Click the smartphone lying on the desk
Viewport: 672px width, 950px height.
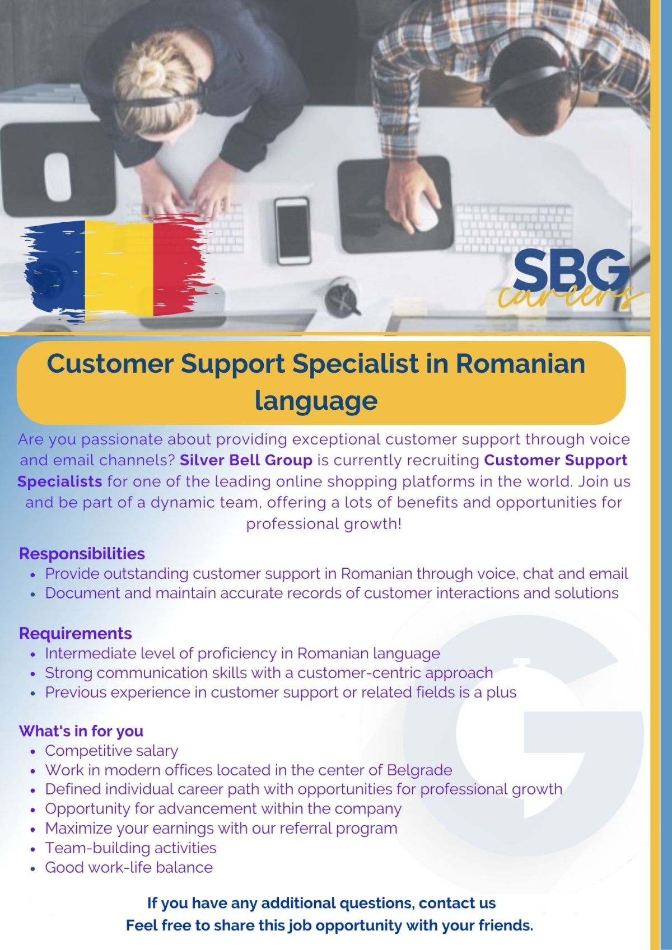click(292, 231)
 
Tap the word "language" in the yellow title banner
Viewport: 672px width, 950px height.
click(316, 400)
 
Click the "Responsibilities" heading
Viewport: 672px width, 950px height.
click(82, 554)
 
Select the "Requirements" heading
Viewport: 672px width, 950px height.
click(76, 633)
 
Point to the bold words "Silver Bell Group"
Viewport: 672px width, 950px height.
click(246, 460)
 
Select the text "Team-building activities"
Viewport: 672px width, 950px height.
click(130, 848)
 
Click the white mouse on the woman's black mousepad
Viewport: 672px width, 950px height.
click(58, 176)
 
